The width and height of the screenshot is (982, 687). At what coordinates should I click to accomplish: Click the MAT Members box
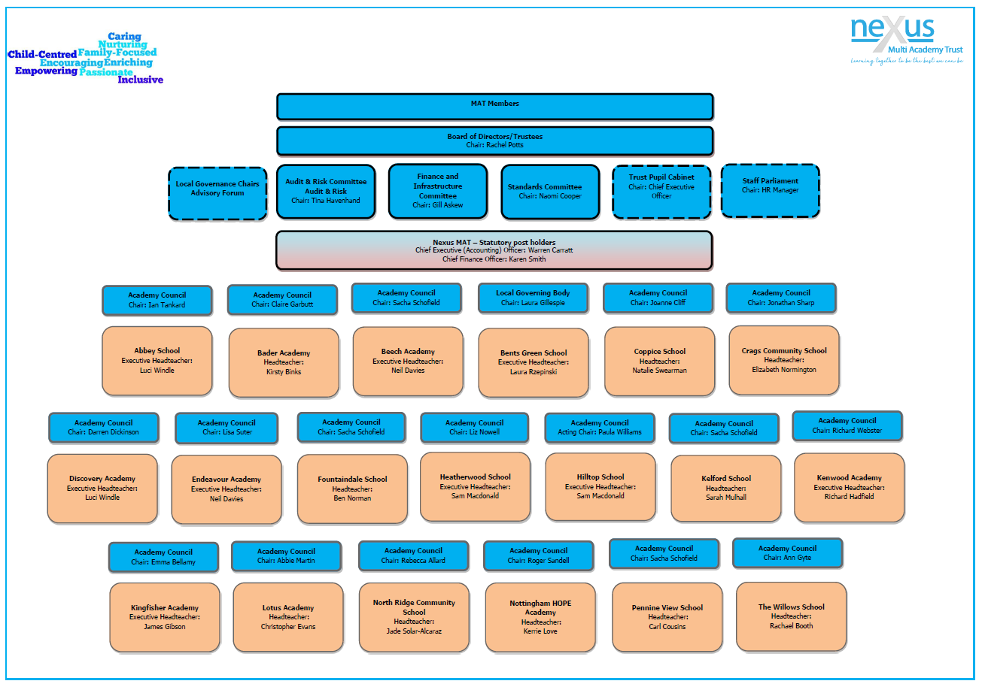pos(494,107)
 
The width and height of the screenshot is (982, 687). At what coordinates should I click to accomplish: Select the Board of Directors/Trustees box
pos(494,141)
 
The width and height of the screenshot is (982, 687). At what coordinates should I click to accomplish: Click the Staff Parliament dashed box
pos(770,191)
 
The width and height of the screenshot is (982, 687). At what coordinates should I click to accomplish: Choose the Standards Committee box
pos(549,192)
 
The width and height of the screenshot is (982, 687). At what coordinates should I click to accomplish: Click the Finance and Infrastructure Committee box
pos(437,192)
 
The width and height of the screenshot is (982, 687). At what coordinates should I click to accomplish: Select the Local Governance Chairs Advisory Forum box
pos(217,194)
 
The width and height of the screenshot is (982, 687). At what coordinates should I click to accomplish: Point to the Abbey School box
pos(157,361)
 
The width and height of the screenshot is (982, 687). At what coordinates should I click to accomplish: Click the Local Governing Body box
pos(533,298)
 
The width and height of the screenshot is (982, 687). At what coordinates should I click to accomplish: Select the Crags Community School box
pos(783,360)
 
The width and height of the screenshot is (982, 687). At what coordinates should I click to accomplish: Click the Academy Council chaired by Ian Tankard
pos(157,300)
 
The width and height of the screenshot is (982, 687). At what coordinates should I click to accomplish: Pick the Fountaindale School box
pos(352,489)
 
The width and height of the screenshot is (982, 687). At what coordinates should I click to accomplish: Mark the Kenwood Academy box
pos(849,488)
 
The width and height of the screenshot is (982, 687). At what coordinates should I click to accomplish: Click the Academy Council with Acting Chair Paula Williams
pos(599,428)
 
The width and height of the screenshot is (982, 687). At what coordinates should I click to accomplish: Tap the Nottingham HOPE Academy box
pos(540,617)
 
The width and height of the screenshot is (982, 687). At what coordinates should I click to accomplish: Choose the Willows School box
pos(791,616)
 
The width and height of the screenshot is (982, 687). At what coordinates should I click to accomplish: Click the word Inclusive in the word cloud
pos(140,80)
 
